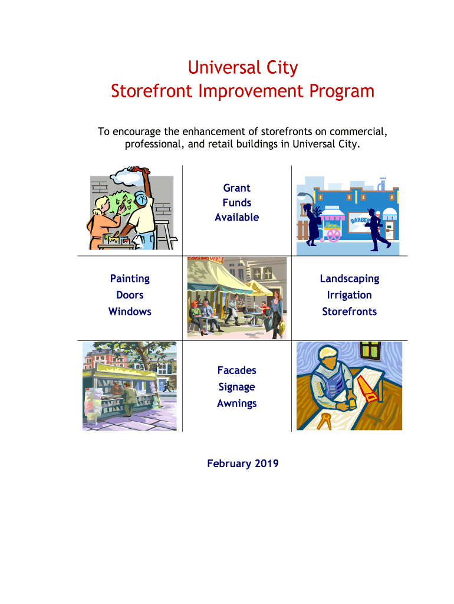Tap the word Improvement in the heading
pos(251,91)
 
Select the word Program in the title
pos(341,91)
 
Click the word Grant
pos(237,188)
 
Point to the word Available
pos(237,217)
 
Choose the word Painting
pos(130,278)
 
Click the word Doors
pos(130,295)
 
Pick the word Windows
pos(130,311)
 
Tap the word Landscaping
pos(350,278)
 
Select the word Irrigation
pos(350,295)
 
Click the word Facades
pos(237,370)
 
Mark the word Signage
pos(237,387)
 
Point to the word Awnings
pos(237,403)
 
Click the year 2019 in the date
pos(267,464)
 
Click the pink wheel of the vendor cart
pos(334,235)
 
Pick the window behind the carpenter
pos(370,350)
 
